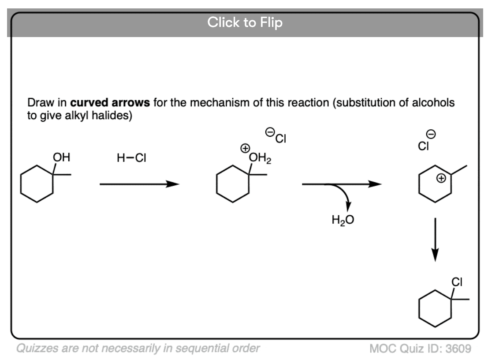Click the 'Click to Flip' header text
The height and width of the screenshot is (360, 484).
245,22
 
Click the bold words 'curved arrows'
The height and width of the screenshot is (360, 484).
111,103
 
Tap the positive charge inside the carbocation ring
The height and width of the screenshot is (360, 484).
441,178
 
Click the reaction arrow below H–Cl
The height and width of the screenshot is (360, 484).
139,184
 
